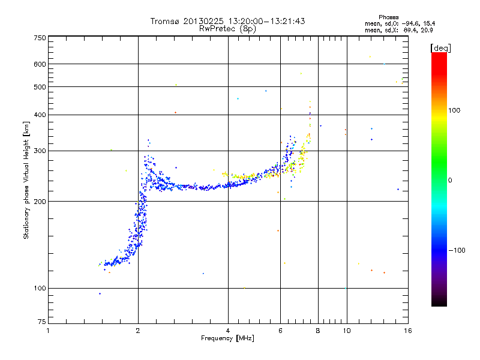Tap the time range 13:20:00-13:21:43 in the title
pyautogui.click(x=266, y=21)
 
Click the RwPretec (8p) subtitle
pyautogui.click(x=227, y=29)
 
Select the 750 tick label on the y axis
pyautogui.click(x=40, y=38)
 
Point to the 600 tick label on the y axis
pyautogui.click(x=40, y=64)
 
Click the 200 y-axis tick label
pyautogui.click(x=40, y=202)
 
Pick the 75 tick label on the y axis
pyautogui.click(x=42, y=322)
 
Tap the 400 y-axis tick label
pyautogui.click(x=40, y=115)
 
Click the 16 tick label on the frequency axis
pyautogui.click(x=408, y=331)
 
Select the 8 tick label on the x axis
pyautogui.click(x=318, y=331)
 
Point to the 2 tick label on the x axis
pyautogui.click(x=138, y=331)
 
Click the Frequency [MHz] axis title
pyautogui.click(x=227, y=338)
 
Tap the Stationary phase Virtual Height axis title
pyautogui.click(x=26, y=180)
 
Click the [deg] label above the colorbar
pyautogui.click(x=440, y=48)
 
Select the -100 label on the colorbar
pyautogui.click(x=457, y=250)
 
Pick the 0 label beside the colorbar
pyautogui.click(x=450, y=181)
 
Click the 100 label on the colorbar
pyautogui.click(x=454, y=110)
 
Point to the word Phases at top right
pyautogui.click(x=388, y=17)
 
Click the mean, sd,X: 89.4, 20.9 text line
pyautogui.click(x=399, y=31)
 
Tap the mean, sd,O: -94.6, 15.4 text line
pyautogui.click(x=400, y=23)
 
